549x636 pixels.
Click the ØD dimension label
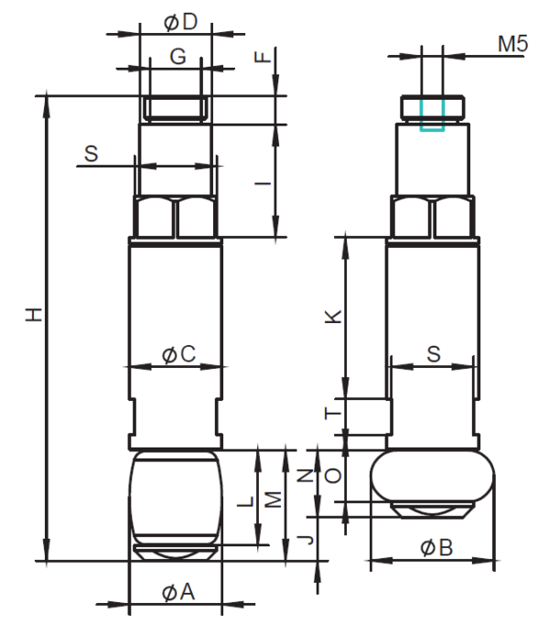[181, 22]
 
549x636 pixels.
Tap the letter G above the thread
[178, 57]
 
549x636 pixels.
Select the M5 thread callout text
[513, 43]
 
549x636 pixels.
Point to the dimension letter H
[34, 315]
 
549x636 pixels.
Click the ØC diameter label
[178, 354]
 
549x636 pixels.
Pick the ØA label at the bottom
[178, 592]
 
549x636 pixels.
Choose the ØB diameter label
[436, 548]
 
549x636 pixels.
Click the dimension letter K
[334, 317]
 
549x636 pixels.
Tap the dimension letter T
[334, 414]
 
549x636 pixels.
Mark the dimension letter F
[263, 57]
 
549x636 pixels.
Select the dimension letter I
[263, 184]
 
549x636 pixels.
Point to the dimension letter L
[246, 501]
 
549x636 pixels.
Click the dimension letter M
[274, 500]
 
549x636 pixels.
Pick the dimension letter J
[306, 540]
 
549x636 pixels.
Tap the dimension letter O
[333, 476]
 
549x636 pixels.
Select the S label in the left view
[91, 154]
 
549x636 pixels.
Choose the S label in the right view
[434, 354]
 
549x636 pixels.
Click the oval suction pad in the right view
[433, 476]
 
